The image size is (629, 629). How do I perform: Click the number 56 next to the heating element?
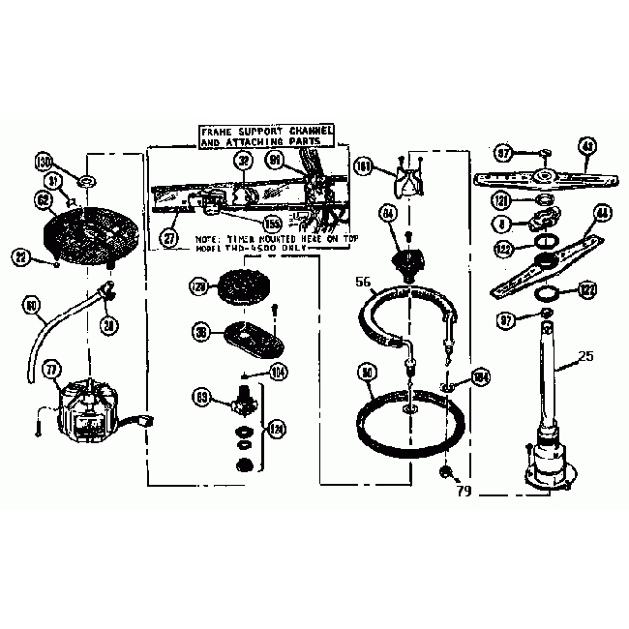pyautogui.click(x=362, y=283)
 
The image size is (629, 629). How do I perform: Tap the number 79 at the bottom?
pyautogui.click(x=463, y=491)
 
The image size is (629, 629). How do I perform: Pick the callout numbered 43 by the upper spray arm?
pyautogui.click(x=586, y=145)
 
